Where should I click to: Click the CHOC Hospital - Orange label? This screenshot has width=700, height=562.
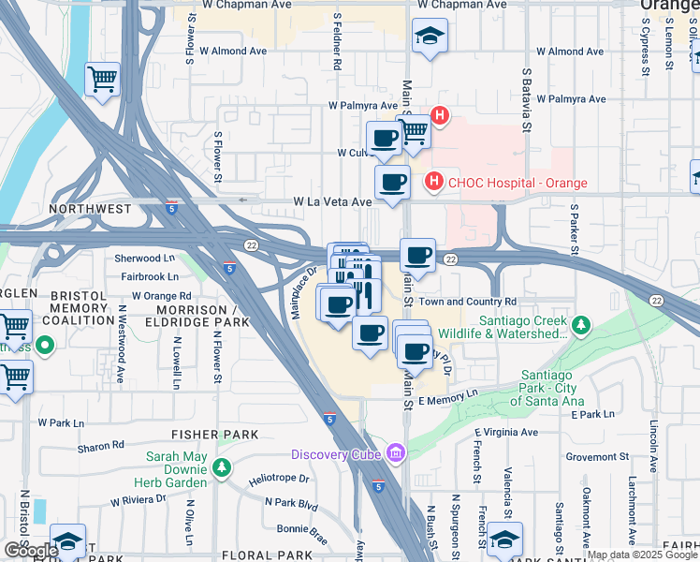518,183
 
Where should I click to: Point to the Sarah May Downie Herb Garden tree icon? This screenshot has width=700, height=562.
222,466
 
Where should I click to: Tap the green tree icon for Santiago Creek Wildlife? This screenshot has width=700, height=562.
581,326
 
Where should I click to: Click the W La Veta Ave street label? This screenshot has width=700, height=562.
332,201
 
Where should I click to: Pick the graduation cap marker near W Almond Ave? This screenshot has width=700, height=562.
430,37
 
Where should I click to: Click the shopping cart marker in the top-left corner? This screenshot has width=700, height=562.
102,80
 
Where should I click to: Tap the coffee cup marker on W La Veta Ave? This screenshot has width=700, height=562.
392,182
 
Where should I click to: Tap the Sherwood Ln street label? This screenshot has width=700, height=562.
145,258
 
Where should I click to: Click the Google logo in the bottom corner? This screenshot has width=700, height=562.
31,551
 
